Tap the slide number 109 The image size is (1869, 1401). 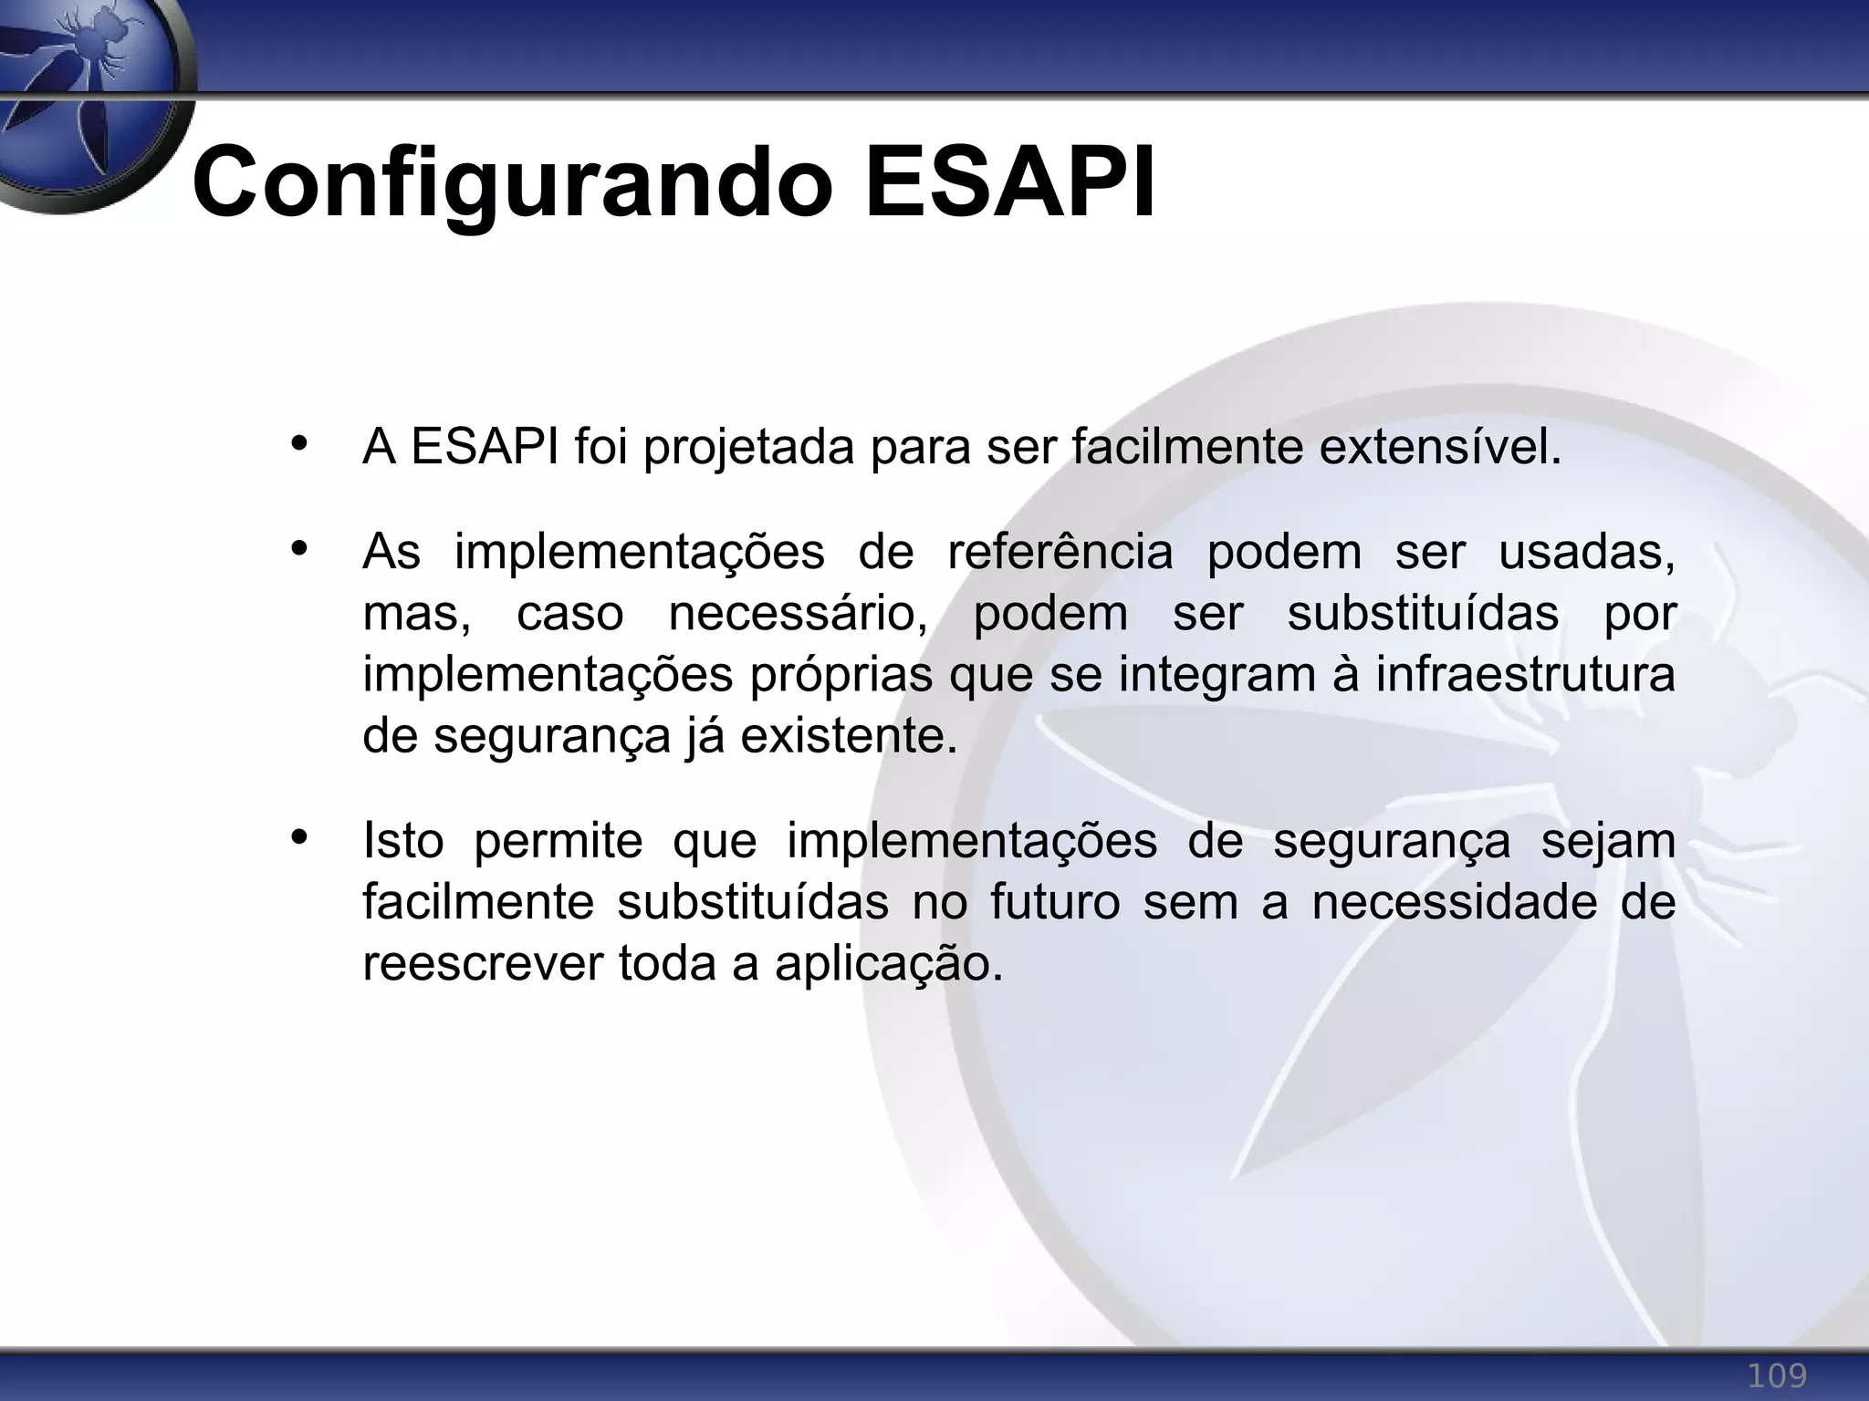1776,1375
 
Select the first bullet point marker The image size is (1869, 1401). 298,445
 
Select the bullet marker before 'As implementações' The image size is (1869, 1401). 298,549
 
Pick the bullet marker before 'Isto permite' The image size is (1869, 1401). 298,837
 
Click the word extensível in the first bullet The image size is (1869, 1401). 1440,447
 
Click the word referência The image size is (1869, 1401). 1060,553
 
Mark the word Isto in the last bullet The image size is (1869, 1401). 402,841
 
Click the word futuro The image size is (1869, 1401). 1054,903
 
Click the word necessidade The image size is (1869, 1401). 1455,903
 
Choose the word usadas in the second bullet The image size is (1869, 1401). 1586,553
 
